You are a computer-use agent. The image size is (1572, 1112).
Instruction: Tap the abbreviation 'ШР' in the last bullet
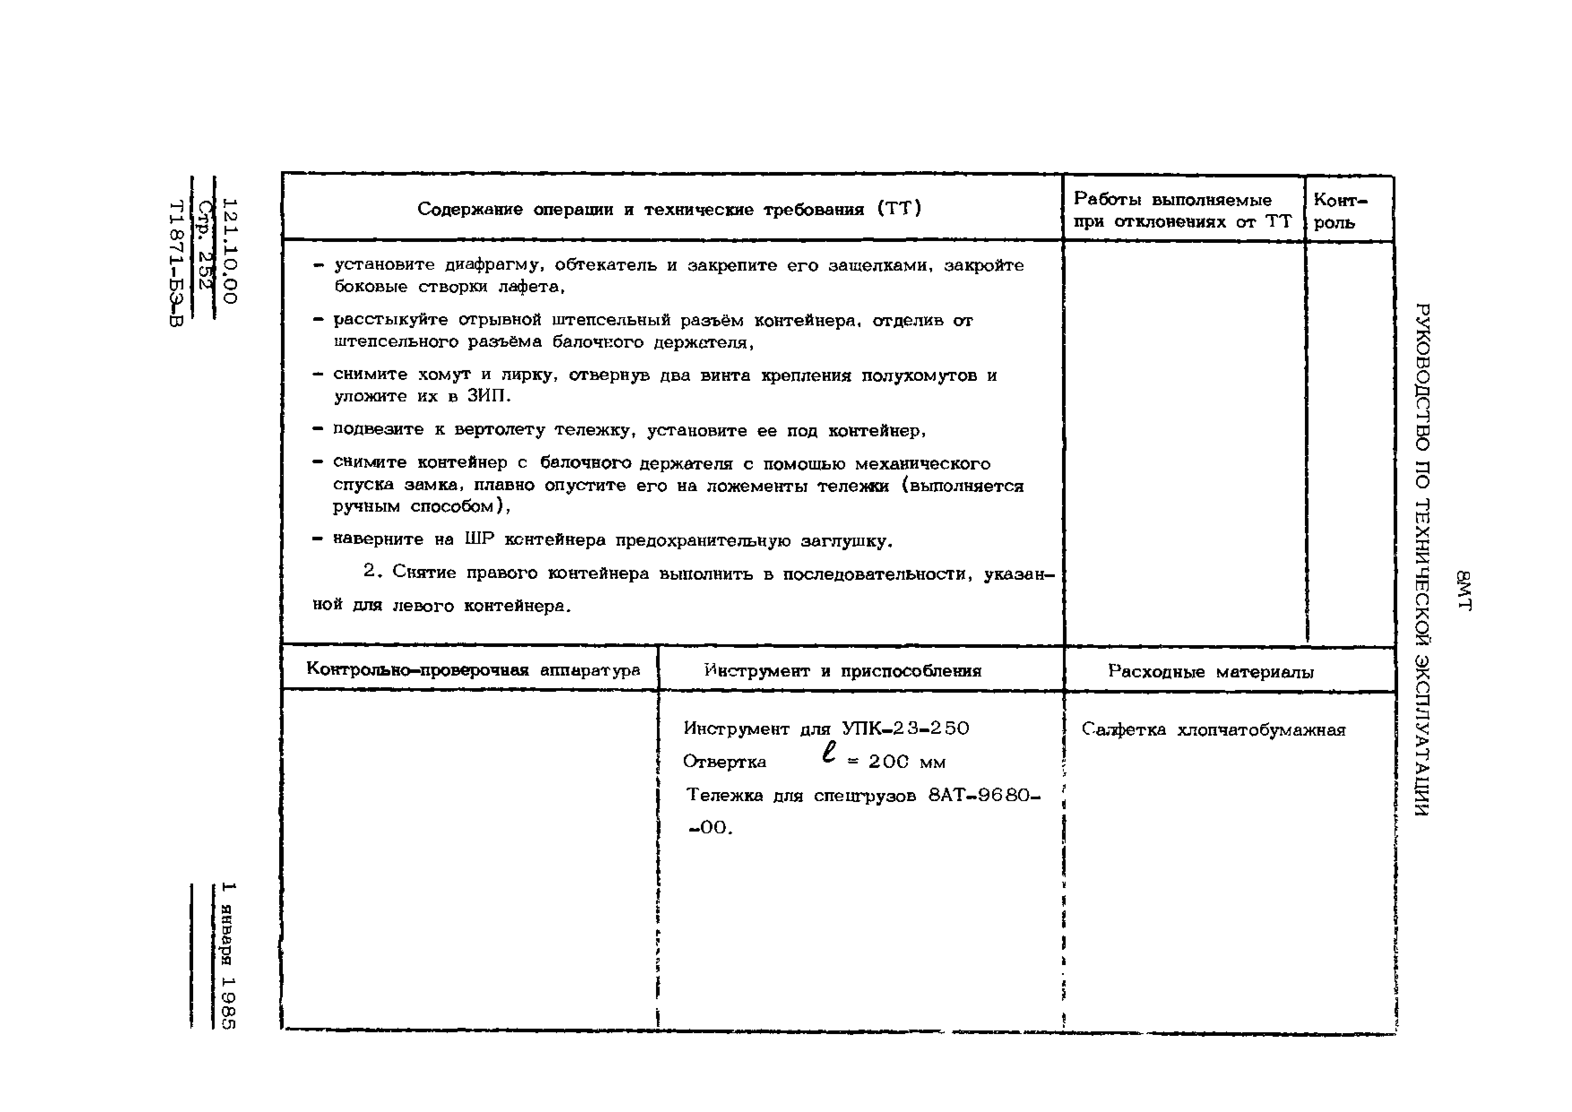[x=479, y=539]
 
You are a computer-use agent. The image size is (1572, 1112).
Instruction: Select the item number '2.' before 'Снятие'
[x=371, y=572]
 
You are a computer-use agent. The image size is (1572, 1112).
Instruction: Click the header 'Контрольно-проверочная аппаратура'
[x=472, y=670]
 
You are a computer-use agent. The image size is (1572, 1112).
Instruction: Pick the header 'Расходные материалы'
[x=1210, y=672]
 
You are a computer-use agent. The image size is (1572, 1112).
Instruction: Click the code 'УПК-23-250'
[x=905, y=728]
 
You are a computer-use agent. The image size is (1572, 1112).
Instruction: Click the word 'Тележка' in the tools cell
[x=724, y=795]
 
